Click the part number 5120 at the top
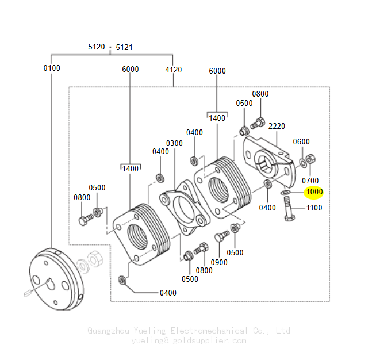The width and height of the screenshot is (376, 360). [x=96, y=47]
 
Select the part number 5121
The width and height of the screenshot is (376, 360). [x=124, y=47]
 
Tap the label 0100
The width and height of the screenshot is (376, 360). [x=52, y=68]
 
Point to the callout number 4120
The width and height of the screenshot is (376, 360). [x=173, y=70]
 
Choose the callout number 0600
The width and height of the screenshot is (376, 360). [x=301, y=141]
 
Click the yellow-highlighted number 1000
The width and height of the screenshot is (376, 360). [x=314, y=192]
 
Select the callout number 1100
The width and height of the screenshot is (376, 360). [x=314, y=208]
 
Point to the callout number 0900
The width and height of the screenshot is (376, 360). [x=219, y=262]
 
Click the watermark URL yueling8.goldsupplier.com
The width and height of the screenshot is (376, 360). [x=189, y=340]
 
